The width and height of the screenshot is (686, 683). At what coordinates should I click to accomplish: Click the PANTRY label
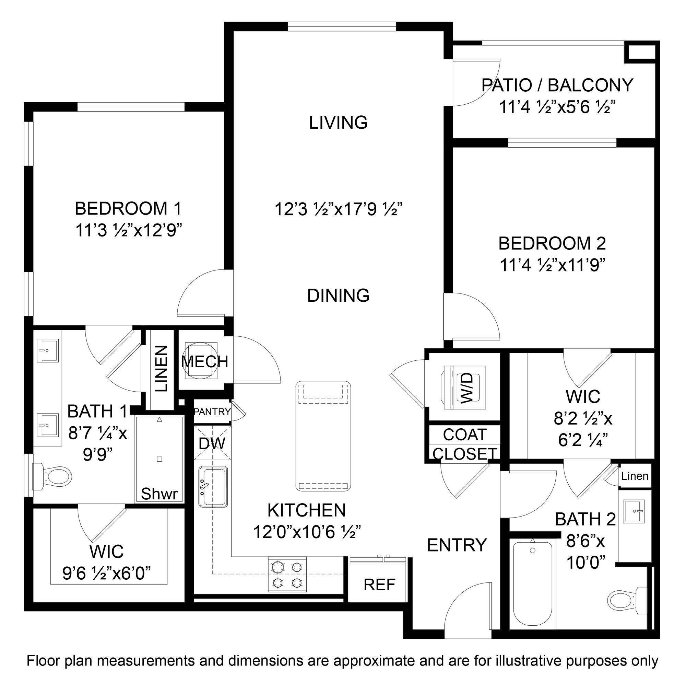(212, 412)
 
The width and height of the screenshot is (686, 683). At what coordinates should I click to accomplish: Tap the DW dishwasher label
(212, 443)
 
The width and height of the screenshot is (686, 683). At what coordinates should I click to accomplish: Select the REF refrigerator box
(379, 584)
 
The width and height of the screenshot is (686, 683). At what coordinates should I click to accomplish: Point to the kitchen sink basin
(213, 486)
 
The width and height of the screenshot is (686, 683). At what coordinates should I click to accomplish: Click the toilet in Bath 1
(53, 475)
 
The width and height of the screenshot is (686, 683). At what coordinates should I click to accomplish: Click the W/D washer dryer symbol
(464, 388)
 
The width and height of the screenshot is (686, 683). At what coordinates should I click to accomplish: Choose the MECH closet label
(204, 362)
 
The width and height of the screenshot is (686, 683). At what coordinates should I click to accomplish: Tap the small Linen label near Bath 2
(635, 476)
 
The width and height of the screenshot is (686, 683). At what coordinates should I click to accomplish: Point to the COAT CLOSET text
(464, 444)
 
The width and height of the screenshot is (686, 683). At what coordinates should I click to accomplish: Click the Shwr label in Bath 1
(159, 494)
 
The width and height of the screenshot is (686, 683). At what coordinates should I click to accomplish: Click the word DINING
(338, 296)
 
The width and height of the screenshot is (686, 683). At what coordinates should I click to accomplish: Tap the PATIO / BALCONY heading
(557, 85)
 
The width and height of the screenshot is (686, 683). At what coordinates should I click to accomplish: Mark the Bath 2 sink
(634, 511)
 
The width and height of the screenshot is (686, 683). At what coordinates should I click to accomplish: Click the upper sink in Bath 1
(48, 350)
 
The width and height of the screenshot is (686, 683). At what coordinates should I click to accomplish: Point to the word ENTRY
(457, 545)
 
